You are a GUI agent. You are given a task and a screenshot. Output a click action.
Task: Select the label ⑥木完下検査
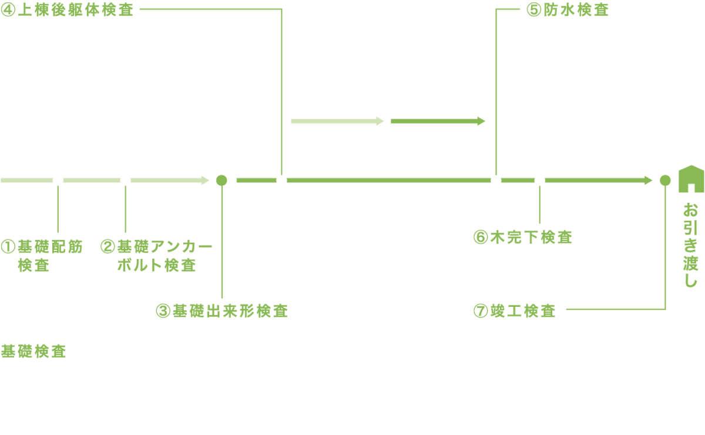522,237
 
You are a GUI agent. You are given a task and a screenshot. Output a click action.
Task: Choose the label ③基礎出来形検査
221,311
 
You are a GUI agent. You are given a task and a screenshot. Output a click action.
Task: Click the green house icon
691,179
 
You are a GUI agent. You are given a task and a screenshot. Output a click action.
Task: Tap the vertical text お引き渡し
691,245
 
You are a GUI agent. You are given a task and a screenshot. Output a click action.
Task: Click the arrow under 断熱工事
337,121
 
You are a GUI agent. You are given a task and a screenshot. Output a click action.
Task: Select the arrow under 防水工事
438,121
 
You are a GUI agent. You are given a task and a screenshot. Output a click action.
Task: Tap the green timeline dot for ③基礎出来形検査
221,180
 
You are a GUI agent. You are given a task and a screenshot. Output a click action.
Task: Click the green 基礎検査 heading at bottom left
33,352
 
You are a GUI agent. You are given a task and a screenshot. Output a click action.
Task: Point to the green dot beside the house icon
665,180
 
